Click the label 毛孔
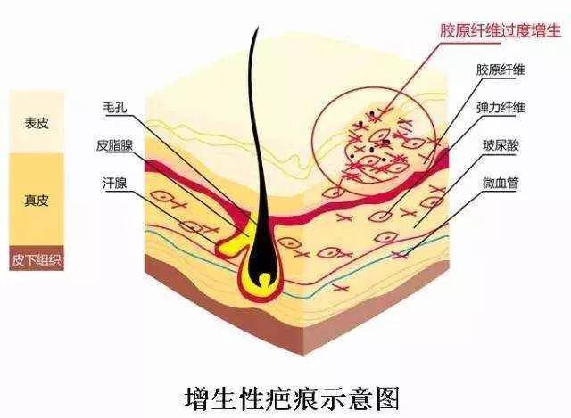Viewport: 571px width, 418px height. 115,107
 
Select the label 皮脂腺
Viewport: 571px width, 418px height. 115,145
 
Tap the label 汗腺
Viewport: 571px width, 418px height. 115,183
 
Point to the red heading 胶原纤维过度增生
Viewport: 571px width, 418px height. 500,30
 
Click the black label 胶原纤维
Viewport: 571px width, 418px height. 501,70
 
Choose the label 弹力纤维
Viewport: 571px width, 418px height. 501,107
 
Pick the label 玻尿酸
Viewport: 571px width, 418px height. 501,145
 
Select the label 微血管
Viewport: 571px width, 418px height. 501,183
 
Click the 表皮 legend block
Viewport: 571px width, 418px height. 37,122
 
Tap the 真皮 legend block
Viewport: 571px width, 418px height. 37,200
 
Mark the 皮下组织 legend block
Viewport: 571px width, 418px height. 37,258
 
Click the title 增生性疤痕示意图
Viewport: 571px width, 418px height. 292,398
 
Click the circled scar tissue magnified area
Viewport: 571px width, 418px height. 375,140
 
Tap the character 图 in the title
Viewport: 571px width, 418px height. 388,398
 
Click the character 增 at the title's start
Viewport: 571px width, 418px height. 195,398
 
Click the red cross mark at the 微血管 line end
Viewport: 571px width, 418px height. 400,256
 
